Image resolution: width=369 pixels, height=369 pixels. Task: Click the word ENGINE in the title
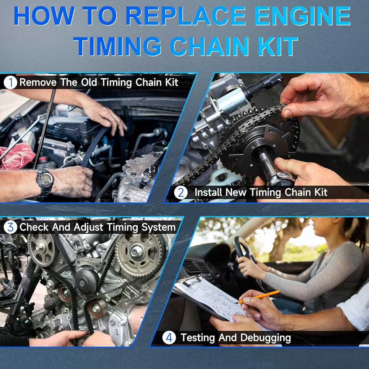pos(303,15)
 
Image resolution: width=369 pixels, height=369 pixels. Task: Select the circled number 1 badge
pos(10,83)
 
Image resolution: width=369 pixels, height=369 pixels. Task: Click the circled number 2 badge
pos(181,193)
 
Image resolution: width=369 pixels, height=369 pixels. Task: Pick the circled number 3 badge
pos(10,227)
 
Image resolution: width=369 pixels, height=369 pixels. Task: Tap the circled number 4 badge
pos(169,338)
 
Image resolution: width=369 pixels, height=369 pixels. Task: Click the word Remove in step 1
pos(38,82)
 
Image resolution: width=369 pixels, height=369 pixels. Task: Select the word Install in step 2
pos(208,192)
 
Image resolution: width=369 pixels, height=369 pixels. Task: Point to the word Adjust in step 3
pos(88,228)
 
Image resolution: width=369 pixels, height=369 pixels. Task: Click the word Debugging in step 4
pos(266,338)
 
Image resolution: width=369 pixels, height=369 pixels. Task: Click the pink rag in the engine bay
pos(17,156)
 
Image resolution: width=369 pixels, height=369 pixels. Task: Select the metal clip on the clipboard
pos(191,280)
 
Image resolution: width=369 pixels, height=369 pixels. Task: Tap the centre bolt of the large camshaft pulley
pos(136,252)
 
